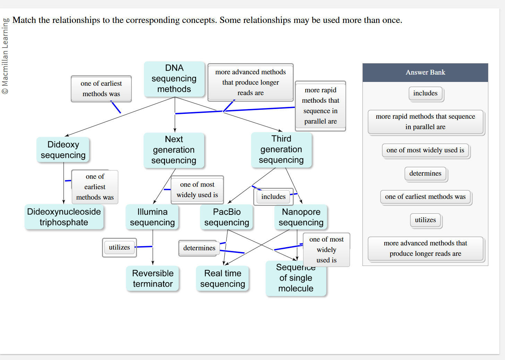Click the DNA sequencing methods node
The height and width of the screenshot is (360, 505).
tap(174, 79)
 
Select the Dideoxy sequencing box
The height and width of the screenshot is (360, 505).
tap(63, 150)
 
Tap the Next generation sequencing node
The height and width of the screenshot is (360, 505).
tap(174, 150)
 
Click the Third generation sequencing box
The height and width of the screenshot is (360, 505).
tap(281, 150)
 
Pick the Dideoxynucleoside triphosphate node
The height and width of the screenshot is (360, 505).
tap(64, 217)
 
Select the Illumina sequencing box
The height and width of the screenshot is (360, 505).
tap(152, 217)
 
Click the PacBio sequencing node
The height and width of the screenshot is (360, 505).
tap(226, 217)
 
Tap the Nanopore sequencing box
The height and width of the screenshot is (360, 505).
tap(301, 217)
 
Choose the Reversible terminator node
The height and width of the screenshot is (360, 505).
tap(153, 278)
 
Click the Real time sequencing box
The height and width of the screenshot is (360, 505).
tap(223, 278)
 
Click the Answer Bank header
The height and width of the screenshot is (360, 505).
tap(425, 73)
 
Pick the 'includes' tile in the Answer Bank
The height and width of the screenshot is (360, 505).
tap(425, 93)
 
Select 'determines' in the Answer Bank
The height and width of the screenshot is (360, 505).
tap(425, 174)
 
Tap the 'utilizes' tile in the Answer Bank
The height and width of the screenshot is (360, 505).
tap(425, 220)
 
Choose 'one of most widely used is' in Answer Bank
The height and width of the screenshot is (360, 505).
tap(425, 150)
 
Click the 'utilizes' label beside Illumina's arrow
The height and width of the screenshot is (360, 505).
tap(119, 248)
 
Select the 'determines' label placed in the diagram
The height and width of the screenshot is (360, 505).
tap(199, 248)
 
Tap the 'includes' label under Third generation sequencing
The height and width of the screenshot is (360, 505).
tap(273, 197)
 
